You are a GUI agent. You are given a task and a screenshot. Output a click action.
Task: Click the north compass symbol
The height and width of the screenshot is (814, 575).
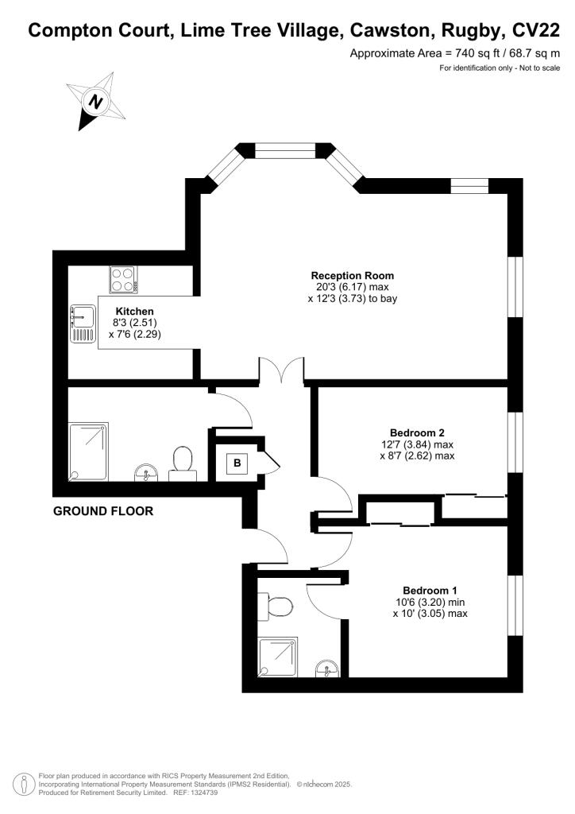pos(96,102)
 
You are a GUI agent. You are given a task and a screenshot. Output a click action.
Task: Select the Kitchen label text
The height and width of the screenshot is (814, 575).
pos(134,311)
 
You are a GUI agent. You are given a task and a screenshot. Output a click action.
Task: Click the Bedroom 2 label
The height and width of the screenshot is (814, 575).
pos(417,432)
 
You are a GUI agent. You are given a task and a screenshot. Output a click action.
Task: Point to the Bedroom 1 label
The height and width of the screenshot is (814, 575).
pos(430,590)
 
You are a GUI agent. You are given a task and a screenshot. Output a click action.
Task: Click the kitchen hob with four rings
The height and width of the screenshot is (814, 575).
pos(124,280)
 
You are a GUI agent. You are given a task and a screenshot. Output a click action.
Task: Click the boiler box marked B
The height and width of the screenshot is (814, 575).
pos(237,462)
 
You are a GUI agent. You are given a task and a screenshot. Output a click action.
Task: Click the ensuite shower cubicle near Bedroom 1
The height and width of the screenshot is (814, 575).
pos(278,657)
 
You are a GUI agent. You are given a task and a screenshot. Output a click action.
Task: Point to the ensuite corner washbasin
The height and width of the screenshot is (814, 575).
pos(326,668)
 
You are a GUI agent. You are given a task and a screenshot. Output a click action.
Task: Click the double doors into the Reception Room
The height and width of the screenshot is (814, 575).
pos(282,370)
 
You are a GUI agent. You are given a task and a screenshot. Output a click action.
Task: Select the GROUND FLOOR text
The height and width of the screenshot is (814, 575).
pos(103,511)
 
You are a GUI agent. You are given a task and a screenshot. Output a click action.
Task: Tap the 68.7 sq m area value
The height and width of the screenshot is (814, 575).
pos(532,54)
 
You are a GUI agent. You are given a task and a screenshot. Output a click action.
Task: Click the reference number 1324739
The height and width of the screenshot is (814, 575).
pos(204,793)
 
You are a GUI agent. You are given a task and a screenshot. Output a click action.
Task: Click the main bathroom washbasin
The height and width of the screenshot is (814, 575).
pos(146,473)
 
